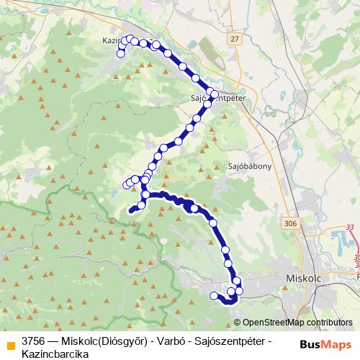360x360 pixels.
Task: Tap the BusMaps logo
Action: (325, 343)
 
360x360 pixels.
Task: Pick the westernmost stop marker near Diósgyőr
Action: (214, 295)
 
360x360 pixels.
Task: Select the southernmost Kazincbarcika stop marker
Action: (121, 53)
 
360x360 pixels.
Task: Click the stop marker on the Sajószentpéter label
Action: (214, 94)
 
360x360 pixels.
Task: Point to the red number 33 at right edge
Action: (350, 228)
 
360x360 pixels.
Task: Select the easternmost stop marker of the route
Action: (240, 290)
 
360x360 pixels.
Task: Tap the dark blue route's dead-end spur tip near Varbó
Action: (130, 211)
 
